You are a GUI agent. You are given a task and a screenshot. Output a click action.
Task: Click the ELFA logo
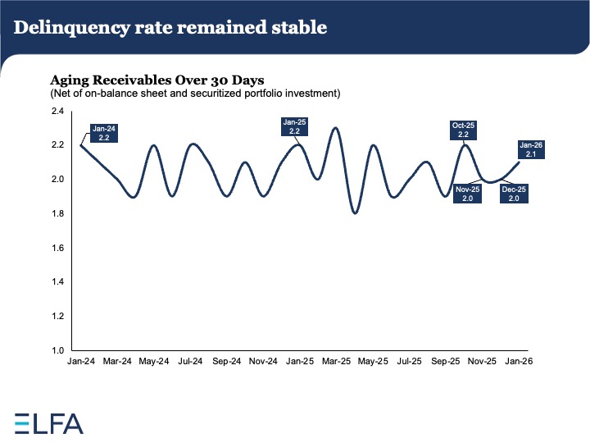[49, 423]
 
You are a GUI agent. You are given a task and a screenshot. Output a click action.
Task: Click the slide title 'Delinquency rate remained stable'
[170, 27]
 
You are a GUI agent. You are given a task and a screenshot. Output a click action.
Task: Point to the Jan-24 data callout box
[105, 133]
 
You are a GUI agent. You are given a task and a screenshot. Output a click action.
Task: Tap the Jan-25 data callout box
[294, 126]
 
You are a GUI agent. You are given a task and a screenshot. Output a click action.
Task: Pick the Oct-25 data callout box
[463, 130]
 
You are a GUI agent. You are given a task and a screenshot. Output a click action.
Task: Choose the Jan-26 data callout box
[531, 150]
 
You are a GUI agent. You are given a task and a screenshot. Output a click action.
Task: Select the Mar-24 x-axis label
[119, 360]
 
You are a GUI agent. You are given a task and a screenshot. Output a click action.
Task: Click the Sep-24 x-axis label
[226, 360]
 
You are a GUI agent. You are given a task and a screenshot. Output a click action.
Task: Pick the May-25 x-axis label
[373, 360]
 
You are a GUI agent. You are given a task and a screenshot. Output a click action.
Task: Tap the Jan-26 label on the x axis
[519, 360]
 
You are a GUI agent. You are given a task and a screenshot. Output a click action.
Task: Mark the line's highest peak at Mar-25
[335, 128]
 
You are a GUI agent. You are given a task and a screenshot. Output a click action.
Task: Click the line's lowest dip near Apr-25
[355, 213]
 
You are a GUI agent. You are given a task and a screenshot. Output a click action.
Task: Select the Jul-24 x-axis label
[190, 360]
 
